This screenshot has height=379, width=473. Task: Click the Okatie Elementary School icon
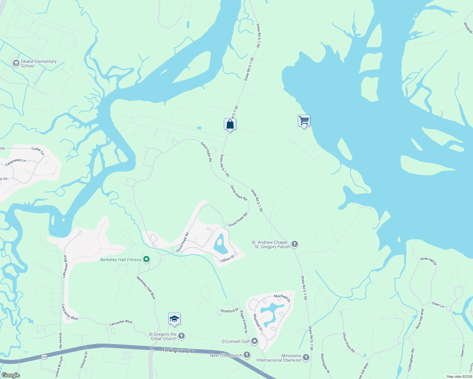16,63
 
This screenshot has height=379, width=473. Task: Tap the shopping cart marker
304,120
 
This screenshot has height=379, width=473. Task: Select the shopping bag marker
230,124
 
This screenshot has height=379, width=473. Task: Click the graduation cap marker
174,319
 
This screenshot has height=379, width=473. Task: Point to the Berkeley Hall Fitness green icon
146,260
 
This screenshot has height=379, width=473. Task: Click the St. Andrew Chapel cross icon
295,244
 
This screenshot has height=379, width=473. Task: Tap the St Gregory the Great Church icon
181,336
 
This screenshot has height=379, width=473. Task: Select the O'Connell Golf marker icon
255,341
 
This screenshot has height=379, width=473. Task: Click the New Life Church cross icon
247,355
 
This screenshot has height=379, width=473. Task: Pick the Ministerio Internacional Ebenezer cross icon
306,357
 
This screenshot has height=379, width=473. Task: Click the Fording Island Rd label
179,350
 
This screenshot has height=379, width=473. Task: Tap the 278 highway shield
44,357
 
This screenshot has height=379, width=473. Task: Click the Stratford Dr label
229,311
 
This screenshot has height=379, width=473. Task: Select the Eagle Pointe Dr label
244,322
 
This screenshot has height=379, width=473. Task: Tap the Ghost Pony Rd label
349,342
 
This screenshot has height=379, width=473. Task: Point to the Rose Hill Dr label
428,261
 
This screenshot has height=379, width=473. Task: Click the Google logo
10,375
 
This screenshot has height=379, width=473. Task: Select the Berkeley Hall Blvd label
146,288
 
